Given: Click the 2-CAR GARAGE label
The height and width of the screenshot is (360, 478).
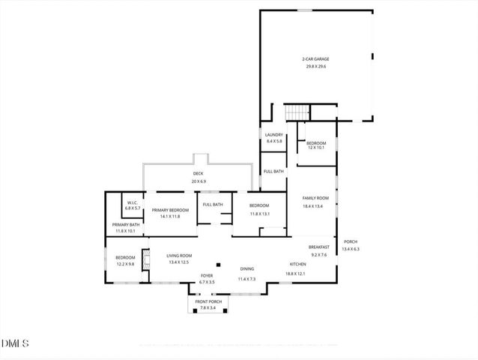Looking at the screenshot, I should [x=316, y=58].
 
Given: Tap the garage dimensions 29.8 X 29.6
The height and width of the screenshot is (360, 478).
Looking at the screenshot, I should [x=316, y=66].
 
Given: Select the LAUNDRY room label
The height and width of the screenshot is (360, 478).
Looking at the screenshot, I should [x=273, y=135].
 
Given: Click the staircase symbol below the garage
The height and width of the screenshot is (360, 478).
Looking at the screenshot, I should [x=297, y=112].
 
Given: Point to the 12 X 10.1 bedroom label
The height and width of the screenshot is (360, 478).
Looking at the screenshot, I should [x=316, y=143].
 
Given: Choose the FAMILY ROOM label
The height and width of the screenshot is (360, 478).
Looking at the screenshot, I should [x=315, y=199].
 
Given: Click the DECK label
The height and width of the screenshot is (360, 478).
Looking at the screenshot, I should [x=198, y=173].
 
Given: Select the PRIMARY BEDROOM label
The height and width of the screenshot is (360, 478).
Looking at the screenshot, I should [x=169, y=210].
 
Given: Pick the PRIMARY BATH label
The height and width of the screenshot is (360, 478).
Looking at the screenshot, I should [x=126, y=224].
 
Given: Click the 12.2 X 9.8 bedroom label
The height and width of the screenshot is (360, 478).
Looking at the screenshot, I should [x=125, y=257].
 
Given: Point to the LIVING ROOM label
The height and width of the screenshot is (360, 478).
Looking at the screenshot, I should [x=178, y=256].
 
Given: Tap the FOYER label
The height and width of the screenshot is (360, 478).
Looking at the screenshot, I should [x=207, y=276].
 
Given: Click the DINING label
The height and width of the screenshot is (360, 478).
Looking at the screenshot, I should [x=246, y=269].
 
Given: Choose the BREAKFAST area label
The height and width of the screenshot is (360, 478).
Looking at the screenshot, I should [x=319, y=247].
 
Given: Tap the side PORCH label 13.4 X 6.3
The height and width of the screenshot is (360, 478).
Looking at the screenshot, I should [x=351, y=241].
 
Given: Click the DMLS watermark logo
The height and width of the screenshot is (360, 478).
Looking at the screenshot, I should [x=15, y=343].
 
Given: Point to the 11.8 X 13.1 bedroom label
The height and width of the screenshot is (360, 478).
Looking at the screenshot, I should [x=258, y=205].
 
